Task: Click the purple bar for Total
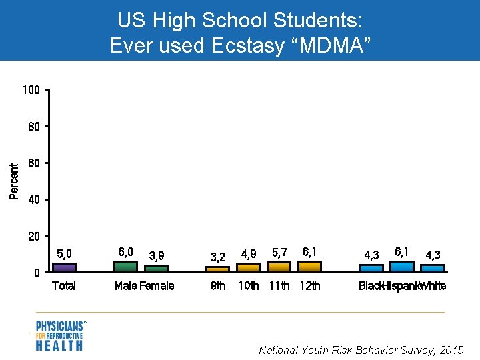tap(64, 267)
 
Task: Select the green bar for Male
tap(125, 266)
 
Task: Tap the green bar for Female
tap(157, 269)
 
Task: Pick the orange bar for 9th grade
tap(217, 269)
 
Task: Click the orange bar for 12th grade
tap(309, 266)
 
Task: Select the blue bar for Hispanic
tap(401, 266)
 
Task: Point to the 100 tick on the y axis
tap(31, 90)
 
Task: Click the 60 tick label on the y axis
tap(34, 163)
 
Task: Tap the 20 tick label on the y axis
tap(34, 237)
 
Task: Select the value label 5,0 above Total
tap(65, 253)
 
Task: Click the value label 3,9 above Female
tap(157, 255)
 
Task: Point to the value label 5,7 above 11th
tap(280, 252)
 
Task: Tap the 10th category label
tap(249, 286)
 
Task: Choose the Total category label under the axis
tap(64, 286)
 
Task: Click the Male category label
tap(125, 286)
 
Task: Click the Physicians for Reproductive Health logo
tap(60, 335)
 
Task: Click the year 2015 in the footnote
tap(451, 350)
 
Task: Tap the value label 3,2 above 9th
tap(218, 256)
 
